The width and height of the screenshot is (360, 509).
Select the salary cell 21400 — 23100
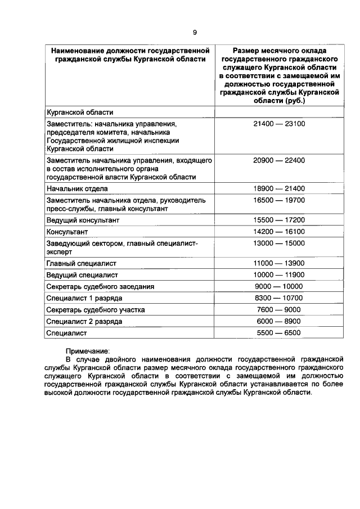pos(278,123)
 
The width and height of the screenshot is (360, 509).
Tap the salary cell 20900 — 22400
pos(278,160)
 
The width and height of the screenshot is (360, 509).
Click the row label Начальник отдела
pos(77,188)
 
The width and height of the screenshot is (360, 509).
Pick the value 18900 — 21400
pos(278,188)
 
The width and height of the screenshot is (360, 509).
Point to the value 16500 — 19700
pos(278,200)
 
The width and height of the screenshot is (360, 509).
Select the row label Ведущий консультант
pos(83,220)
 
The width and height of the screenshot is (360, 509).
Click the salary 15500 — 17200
pos(278,220)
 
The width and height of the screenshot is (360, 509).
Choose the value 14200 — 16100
pos(278,232)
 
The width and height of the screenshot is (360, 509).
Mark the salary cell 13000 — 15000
pos(278,243)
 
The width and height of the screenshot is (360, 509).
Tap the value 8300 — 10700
pos(278,298)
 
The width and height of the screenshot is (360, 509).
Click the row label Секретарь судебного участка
pos(96,309)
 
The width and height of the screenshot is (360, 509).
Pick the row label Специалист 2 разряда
pos(84,321)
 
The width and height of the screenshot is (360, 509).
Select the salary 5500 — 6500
pos(278,332)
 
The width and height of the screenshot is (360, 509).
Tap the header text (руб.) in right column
pos(295,101)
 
